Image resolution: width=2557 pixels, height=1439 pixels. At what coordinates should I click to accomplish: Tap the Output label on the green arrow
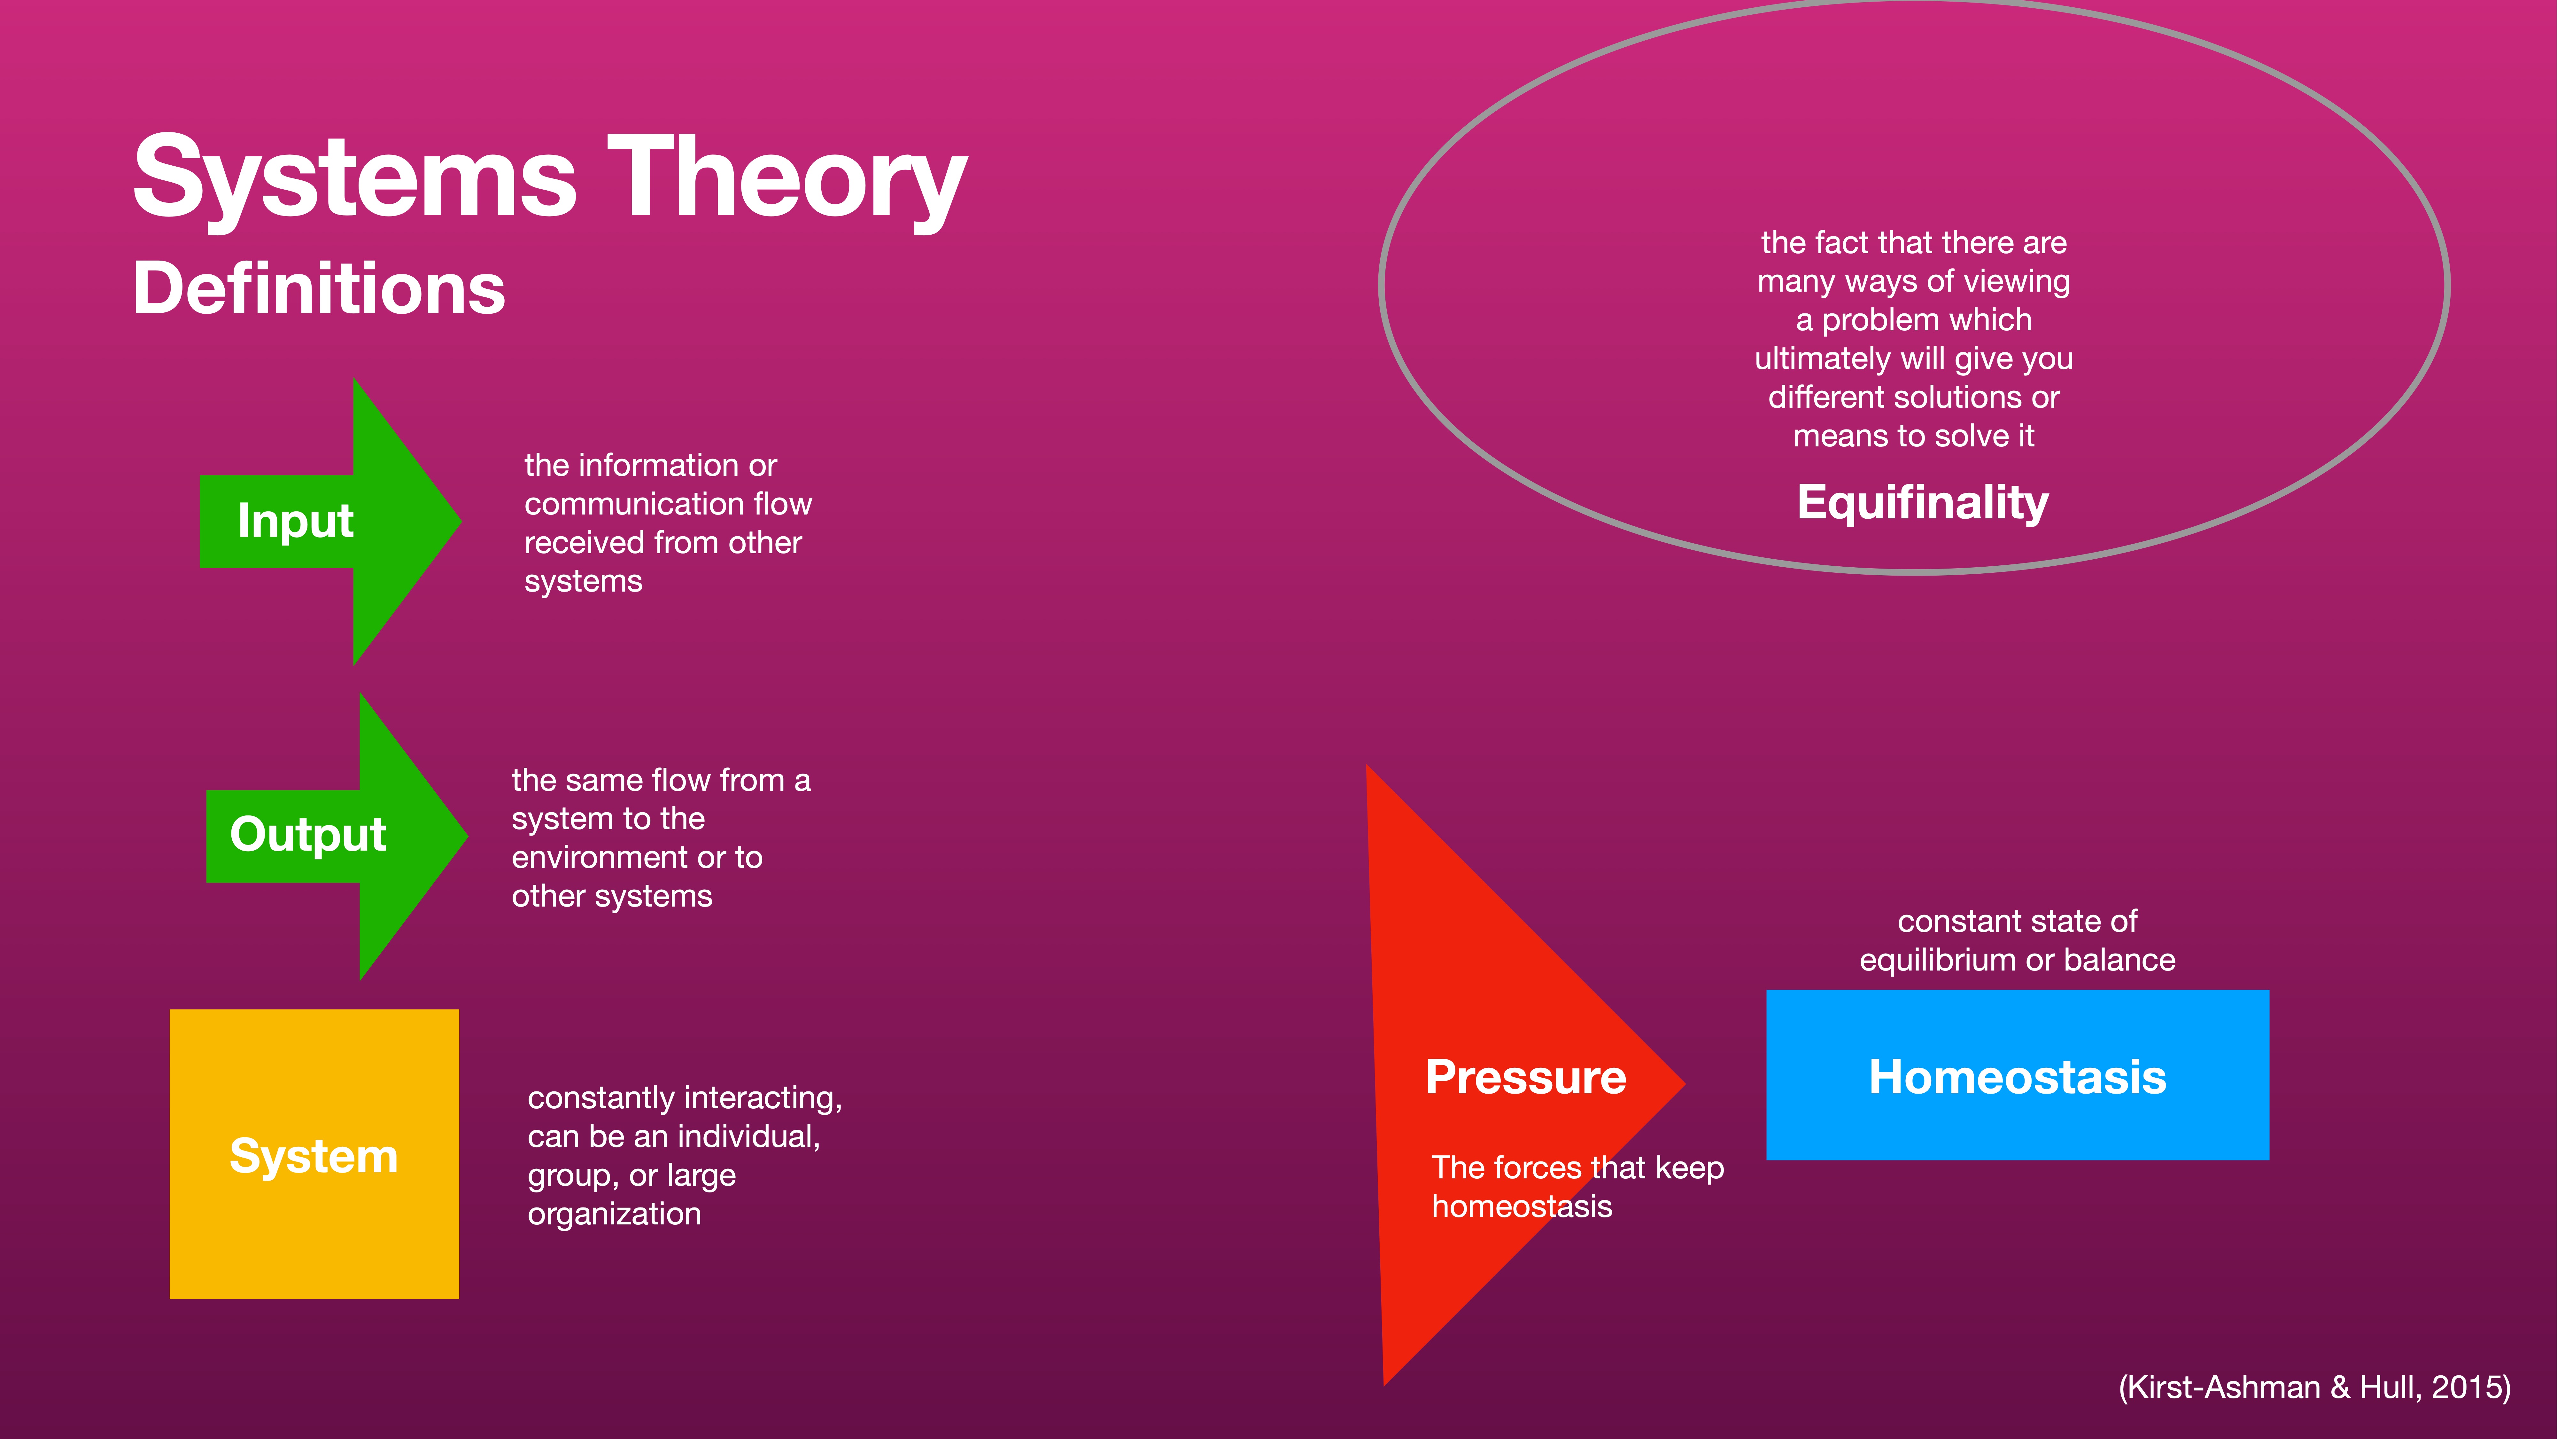coord(308,834)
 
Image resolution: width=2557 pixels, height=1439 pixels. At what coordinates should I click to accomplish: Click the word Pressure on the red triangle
coord(1526,1076)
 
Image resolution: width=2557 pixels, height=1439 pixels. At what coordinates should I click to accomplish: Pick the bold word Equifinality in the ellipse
coord(1923,502)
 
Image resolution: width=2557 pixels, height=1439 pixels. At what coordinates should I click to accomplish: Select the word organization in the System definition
coord(615,1214)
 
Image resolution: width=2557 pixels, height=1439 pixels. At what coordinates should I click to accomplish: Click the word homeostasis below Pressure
coord(1522,1207)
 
